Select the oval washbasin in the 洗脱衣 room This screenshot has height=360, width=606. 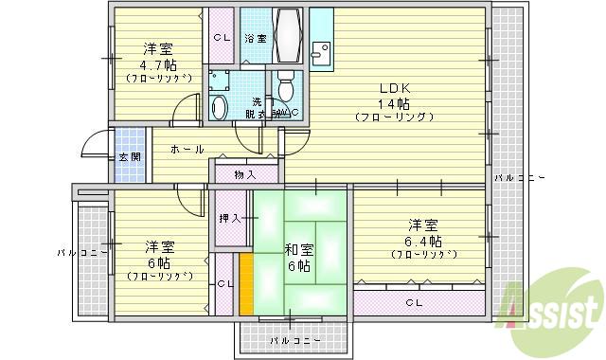(219, 107)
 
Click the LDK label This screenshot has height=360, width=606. (394, 87)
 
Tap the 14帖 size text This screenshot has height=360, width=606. (394, 102)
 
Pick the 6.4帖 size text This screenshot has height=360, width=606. (423, 240)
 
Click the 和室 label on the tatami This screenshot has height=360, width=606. (299, 250)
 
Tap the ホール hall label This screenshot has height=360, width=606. (187, 149)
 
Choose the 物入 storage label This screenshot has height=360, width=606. (245, 174)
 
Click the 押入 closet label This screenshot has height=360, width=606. (230, 218)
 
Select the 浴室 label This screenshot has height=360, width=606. (255, 38)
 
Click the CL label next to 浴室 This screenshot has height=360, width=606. (221, 38)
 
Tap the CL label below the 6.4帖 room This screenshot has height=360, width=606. (414, 303)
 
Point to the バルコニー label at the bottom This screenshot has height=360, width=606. (294, 338)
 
